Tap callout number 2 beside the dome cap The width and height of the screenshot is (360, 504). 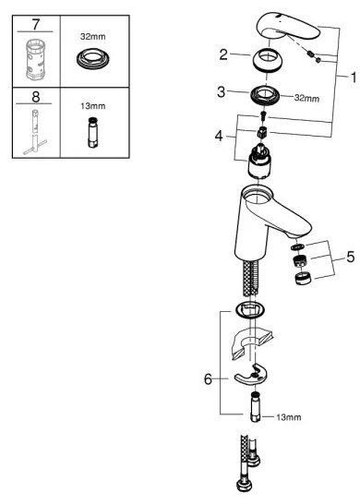point(222,56)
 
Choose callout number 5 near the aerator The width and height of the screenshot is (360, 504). point(350,257)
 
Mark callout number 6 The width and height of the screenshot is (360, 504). point(208,378)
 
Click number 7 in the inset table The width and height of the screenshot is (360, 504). point(36,21)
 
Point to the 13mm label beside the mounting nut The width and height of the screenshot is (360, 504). point(289,417)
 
